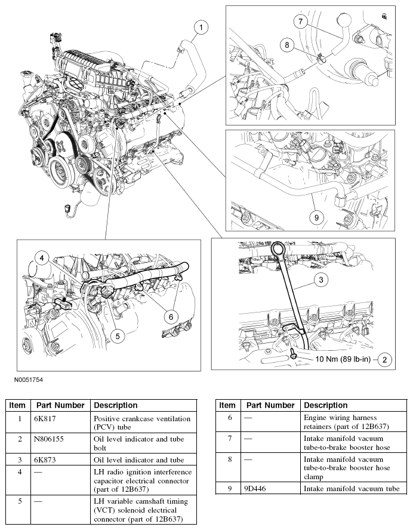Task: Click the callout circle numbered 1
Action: point(202,27)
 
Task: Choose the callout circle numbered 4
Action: point(41,258)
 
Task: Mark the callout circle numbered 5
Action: point(118,336)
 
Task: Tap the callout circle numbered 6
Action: point(170,316)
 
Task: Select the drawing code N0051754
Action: point(25,379)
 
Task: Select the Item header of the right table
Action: point(227,405)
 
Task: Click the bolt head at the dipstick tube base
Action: point(294,357)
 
